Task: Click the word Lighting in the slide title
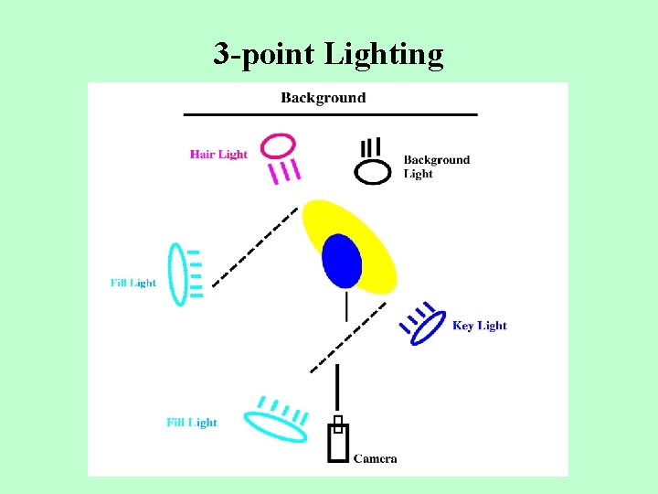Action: coord(383,56)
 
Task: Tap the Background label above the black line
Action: coord(323,98)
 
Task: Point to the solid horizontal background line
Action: coord(330,114)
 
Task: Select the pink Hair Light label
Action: coord(218,155)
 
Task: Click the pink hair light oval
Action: coord(278,145)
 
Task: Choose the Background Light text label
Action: coord(436,166)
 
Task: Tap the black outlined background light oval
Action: coord(372,172)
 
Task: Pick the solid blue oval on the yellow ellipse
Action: coord(343,260)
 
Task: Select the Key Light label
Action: coord(479,326)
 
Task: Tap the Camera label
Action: coord(375,458)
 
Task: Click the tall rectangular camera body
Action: coord(337,443)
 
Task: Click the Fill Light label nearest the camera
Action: coord(192,423)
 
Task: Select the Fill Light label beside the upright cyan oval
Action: coord(133,284)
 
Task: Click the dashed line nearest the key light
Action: coord(347,337)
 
